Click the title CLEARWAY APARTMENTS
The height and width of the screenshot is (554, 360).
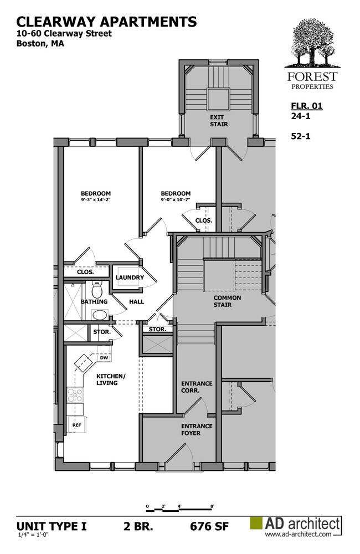pos(106,22)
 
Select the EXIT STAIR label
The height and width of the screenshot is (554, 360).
pos(219,120)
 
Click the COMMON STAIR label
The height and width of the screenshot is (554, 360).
pos(227,301)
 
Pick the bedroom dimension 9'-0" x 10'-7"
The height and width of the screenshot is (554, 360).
pos(176,200)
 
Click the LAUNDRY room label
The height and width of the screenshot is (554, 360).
pos(130,278)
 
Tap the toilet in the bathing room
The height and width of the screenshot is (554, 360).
pos(97,289)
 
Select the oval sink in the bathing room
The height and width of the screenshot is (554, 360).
pos(100,315)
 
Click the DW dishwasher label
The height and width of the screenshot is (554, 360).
pos(104,358)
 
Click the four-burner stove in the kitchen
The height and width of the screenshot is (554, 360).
pos(75,395)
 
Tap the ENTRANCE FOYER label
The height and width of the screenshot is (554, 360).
pos(197,429)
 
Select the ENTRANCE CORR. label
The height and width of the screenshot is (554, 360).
pos(197,387)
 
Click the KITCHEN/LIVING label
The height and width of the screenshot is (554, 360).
pos(111,379)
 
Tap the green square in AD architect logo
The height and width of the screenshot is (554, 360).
pos(257,524)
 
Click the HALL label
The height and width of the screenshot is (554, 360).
pos(136,302)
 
